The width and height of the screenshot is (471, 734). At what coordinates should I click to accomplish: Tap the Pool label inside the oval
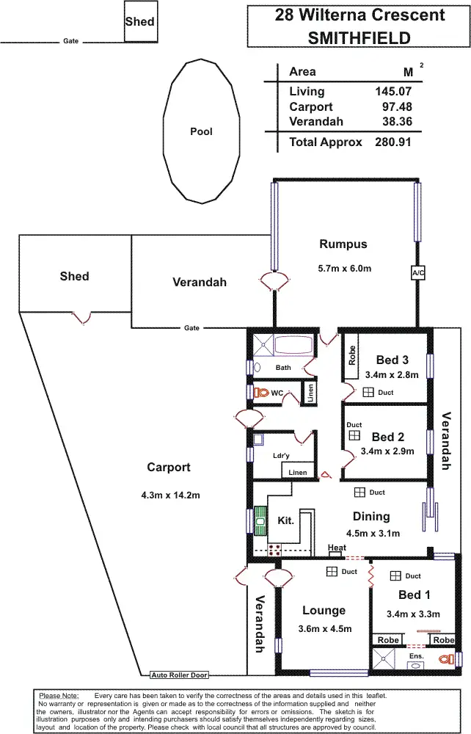201,132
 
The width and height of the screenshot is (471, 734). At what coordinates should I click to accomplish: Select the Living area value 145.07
392,92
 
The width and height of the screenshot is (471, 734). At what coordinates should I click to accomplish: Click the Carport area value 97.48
396,107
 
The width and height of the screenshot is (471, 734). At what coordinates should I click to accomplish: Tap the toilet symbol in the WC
263,393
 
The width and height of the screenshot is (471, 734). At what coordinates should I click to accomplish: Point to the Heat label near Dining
337,548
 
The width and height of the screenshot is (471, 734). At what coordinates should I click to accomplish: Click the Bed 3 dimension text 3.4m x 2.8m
391,374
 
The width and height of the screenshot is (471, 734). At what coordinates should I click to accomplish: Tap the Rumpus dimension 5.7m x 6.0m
343,269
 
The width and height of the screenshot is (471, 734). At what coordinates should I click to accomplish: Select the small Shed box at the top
139,21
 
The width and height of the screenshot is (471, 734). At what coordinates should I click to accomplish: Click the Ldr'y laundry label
280,456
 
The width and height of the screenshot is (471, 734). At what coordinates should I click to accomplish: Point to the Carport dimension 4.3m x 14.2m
169,495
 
